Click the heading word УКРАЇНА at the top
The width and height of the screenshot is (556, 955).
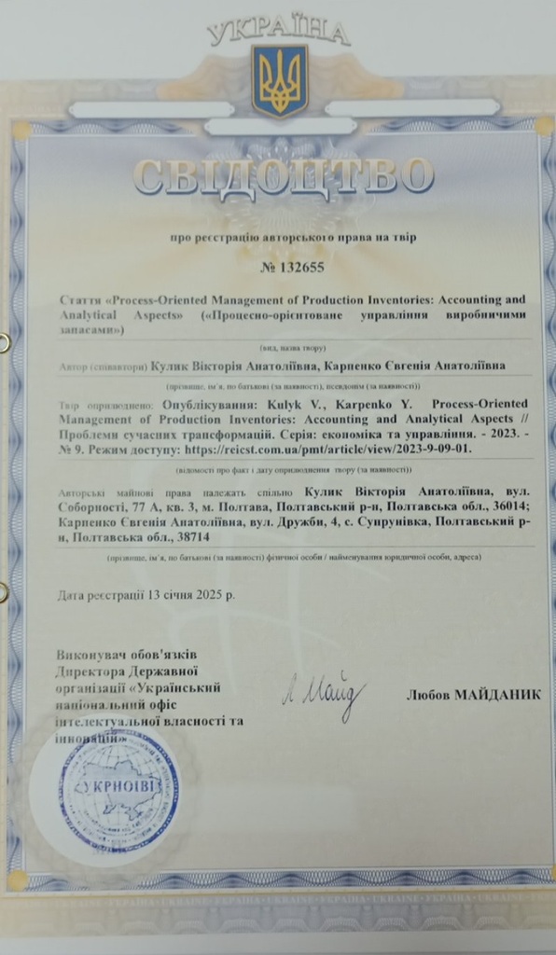click(x=278, y=34)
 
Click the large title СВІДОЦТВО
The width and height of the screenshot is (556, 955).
click(x=284, y=177)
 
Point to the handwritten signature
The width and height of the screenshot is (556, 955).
click(x=318, y=695)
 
